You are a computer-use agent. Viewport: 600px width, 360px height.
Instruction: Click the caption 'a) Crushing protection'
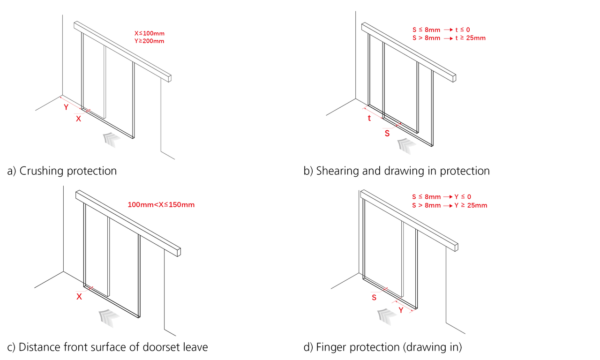[x=62, y=171]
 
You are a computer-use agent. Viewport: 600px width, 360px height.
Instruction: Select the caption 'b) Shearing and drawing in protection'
[x=397, y=171]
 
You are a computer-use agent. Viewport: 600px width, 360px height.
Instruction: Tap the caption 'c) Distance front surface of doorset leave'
[x=107, y=347]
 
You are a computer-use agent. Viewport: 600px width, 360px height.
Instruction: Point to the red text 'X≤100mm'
[x=149, y=34]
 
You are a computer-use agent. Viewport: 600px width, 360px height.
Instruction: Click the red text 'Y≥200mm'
[x=149, y=41]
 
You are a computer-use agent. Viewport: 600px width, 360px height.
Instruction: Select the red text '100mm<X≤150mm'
[x=161, y=205]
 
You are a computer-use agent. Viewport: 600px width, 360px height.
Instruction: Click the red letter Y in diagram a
[x=66, y=107]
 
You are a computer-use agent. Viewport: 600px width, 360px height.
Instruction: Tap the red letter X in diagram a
[x=78, y=119]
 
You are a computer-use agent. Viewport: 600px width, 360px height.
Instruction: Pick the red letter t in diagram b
[x=369, y=119]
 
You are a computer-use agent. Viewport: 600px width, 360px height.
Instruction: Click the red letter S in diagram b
[x=387, y=134]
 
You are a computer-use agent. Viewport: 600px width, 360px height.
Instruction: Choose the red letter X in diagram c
[x=79, y=297]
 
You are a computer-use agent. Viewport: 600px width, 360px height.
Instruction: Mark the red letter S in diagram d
[x=374, y=298]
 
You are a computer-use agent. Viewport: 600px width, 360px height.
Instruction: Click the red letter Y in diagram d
[x=401, y=310]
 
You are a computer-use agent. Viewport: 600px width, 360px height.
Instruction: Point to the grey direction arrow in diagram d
[x=385, y=316]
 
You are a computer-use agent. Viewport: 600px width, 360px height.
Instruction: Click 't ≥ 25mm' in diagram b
[x=471, y=38]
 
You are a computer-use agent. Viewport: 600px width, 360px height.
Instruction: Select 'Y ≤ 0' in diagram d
[x=463, y=197]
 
